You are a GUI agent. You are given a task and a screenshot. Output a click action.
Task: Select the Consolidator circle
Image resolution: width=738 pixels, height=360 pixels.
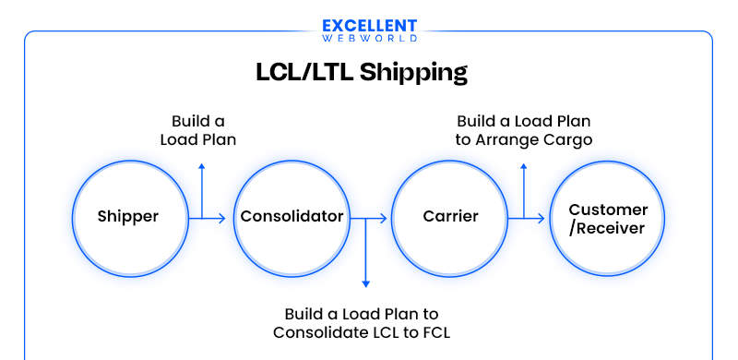click(292, 217)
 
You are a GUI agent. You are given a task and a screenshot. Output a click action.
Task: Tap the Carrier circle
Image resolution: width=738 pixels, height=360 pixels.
click(450, 217)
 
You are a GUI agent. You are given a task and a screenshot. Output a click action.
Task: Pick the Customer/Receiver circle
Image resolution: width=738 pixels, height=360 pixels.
click(608, 218)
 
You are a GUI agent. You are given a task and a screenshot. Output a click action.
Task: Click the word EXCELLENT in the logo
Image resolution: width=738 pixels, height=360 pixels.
click(369, 27)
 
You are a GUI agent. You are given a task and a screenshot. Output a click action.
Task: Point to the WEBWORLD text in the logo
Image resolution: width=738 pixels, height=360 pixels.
click(369, 39)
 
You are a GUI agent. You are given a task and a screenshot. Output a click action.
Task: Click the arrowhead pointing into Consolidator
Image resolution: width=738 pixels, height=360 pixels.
click(221, 219)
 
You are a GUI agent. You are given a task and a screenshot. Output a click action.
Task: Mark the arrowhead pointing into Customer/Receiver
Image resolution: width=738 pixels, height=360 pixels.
click(541, 219)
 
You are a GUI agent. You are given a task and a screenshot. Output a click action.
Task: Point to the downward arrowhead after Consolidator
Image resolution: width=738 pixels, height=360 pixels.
click(366, 283)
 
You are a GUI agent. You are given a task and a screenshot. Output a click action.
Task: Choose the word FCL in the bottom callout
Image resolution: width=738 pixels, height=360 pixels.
click(434, 331)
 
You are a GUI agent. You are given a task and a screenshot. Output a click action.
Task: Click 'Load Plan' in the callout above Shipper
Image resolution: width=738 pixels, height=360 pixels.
click(198, 140)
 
